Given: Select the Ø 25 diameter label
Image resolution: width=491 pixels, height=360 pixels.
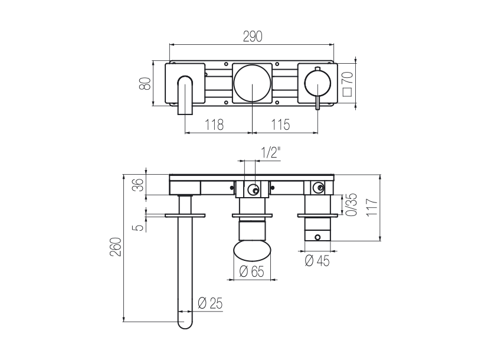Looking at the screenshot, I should click(x=211, y=304).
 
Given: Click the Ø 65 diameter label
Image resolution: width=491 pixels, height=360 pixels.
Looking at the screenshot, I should click(x=253, y=273).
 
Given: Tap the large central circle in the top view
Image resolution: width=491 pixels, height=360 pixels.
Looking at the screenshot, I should click(x=253, y=83).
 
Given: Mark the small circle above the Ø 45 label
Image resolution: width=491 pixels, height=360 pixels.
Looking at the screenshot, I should click(x=318, y=238).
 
